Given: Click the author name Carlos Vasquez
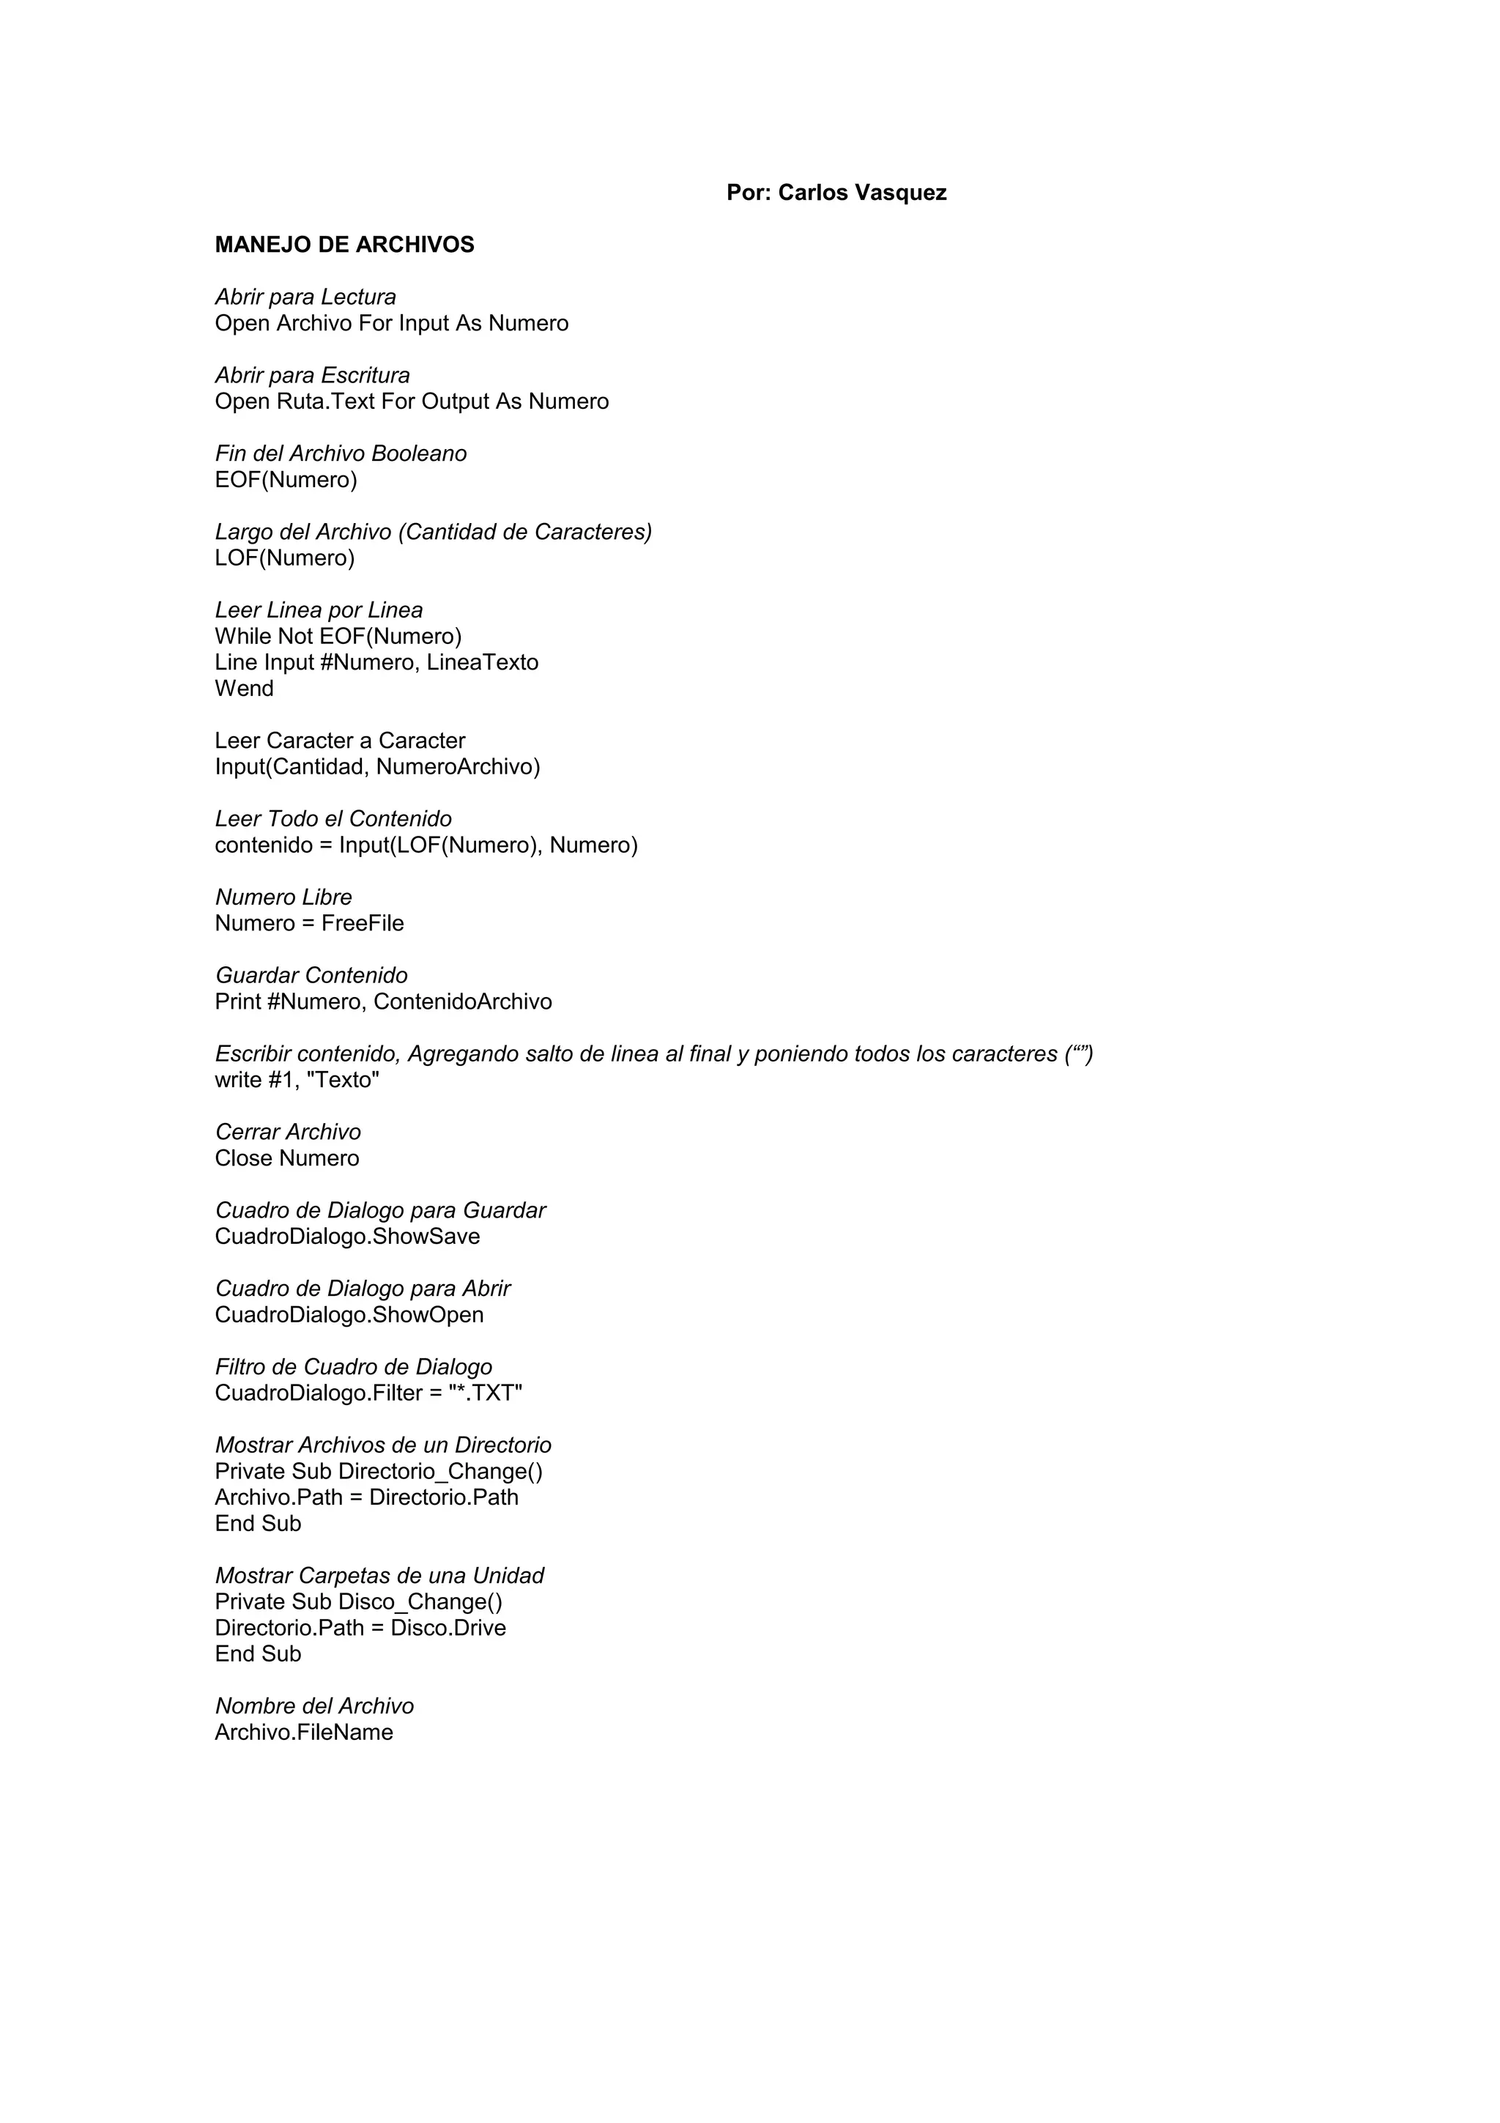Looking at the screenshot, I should click(861, 193).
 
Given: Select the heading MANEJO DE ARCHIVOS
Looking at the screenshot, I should click(345, 245).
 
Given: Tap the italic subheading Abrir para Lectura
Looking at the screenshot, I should click(305, 297).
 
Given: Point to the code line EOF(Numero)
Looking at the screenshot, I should click(286, 480).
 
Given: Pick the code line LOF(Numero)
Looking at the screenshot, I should click(285, 558).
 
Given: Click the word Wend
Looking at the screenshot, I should click(244, 689).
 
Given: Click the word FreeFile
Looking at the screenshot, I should click(363, 924).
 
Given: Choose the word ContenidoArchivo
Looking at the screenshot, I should click(462, 1002).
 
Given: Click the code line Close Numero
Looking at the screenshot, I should click(286, 1159).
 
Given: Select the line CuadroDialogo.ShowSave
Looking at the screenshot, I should click(347, 1237).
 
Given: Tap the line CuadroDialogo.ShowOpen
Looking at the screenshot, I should click(349, 1315).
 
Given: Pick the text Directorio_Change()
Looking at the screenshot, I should click(441, 1472).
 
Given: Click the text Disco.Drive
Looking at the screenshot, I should click(448, 1629).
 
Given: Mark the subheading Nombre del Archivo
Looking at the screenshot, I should click(314, 1706).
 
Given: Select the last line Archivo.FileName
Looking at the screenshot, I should click(304, 1733).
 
